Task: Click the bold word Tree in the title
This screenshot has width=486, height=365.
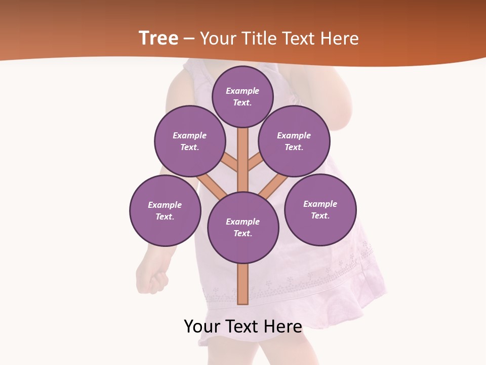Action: (158, 38)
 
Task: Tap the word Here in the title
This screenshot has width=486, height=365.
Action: (340, 38)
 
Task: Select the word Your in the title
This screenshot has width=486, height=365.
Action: (219, 38)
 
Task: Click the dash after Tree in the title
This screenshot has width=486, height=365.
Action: (189, 39)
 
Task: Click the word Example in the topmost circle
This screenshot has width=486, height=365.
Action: (242, 91)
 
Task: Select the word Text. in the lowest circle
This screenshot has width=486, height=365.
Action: (242, 233)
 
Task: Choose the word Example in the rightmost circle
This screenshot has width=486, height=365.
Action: (320, 204)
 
